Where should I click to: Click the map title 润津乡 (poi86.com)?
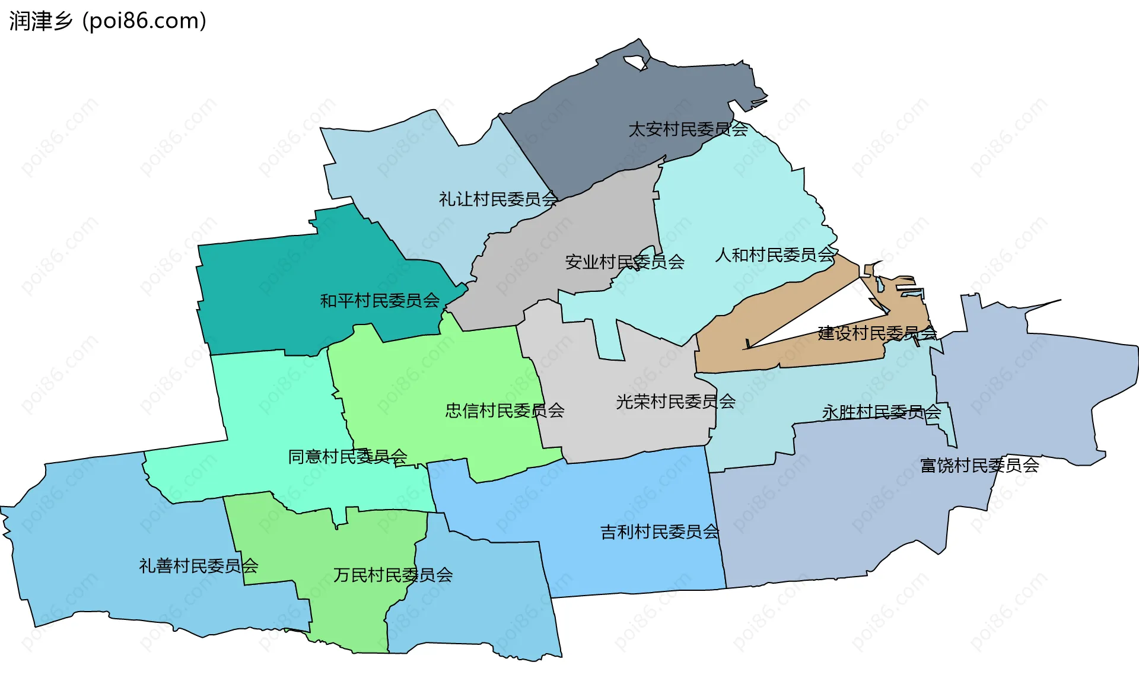pos(108,21)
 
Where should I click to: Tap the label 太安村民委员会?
pos(688,129)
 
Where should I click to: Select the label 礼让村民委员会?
pos(498,199)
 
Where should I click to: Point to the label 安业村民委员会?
pos(625,262)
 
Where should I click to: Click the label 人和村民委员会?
pos(775,255)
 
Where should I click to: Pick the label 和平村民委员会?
pos(380,301)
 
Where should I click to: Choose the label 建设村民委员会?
pos(877,333)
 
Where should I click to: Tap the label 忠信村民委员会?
pos(505,411)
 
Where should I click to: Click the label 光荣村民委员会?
pos(676,402)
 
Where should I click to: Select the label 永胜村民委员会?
pos(882,412)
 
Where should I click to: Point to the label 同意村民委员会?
pos(348,457)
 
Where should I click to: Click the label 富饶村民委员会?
pos(979,466)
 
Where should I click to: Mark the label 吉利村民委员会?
pos(660,532)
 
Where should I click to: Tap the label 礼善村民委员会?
pos(199,566)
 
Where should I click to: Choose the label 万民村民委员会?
pos(393,575)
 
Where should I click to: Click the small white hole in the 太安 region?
pos(635,61)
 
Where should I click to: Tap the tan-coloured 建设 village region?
pos(771,350)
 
